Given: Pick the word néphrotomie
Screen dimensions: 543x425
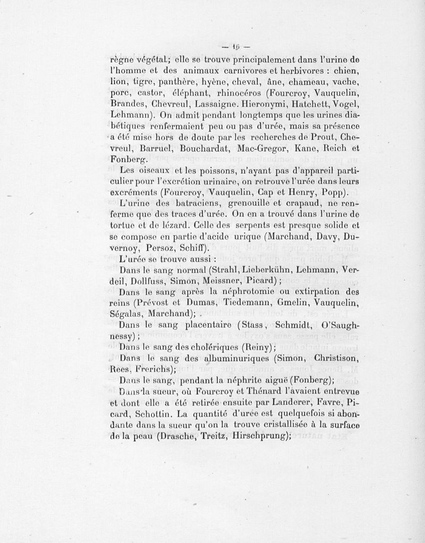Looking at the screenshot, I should pyautogui.click(x=248, y=291).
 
